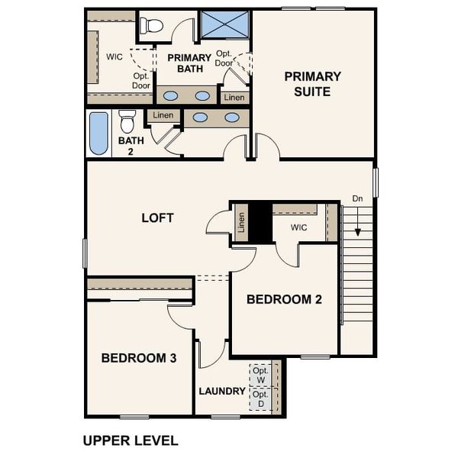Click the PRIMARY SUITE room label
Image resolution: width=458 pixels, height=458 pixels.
pyautogui.click(x=312, y=84)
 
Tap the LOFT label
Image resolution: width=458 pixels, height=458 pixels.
pyautogui.click(x=158, y=218)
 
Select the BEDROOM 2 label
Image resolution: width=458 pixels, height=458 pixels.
pyautogui.click(x=284, y=300)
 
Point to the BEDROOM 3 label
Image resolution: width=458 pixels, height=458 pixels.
pyautogui.click(x=140, y=357)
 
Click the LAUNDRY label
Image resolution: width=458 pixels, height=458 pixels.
pyautogui.click(x=222, y=392)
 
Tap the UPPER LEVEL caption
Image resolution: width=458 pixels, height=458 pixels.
pyautogui.click(x=130, y=440)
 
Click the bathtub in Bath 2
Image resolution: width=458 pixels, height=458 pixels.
pyautogui.click(x=99, y=133)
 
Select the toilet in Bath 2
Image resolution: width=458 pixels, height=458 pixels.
pyautogui.click(x=127, y=121)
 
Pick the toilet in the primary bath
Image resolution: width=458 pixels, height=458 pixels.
pyautogui.click(x=153, y=26)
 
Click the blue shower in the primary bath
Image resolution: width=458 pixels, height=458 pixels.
pyautogui.click(x=224, y=24)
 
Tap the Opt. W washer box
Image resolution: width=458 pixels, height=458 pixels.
pyautogui.click(x=260, y=376)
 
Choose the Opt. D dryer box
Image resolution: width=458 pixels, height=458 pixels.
pyautogui.click(x=260, y=398)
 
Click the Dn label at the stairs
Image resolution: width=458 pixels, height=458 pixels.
pyautogui.click(x=356, y=199)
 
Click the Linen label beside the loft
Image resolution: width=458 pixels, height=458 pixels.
pyautogui.click(x=241, y=224)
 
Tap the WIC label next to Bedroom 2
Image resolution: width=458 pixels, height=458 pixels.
pyautogui.click(x=298, y=227)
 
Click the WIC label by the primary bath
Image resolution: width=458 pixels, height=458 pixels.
pyautogui.click(x=115, y=56)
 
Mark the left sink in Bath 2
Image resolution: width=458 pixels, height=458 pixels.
pyautogui.click(x=199, y=118)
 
